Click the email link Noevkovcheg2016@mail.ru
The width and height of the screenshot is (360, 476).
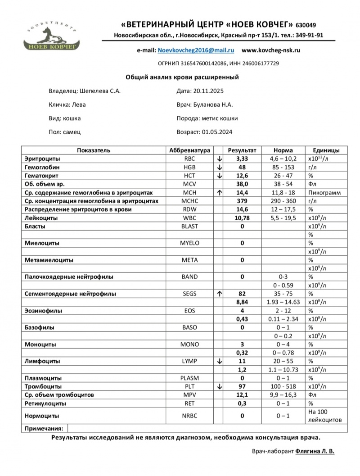click(x=196, y=51)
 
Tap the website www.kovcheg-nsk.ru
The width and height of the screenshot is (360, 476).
click(x=271, y=51)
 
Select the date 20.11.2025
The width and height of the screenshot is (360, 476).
click(x=208, y=91)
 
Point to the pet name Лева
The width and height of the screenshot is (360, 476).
click(x=79, y=104)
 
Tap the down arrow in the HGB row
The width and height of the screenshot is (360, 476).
click(x=219, y=167)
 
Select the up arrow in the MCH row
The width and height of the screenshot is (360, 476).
click(x=219, y=192)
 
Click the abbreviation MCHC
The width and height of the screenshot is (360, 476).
click(x=189, y=201)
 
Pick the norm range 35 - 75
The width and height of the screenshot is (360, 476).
click(x=283, y=294)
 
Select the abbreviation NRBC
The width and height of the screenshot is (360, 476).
click(x=189, y=416)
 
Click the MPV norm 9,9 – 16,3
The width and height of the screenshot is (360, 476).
click(x=283, y=395)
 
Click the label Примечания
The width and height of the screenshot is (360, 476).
click(x=44, y=429)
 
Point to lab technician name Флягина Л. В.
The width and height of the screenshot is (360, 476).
click(x=315, y=450)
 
